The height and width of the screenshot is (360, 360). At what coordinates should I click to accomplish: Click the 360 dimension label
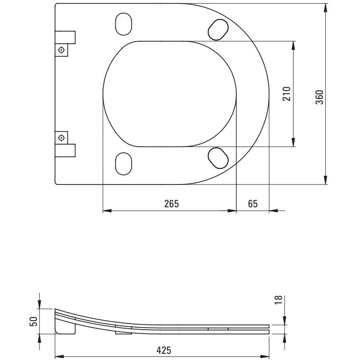319,97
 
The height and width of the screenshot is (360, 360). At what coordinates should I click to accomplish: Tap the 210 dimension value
286,93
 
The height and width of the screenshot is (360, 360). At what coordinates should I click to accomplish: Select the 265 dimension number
171,203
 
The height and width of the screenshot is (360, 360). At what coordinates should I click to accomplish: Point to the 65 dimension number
253,203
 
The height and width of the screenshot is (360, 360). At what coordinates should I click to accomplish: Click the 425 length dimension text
164,351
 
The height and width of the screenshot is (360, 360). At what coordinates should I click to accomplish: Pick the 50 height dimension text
33,321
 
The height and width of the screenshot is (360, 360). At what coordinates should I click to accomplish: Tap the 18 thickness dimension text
278,300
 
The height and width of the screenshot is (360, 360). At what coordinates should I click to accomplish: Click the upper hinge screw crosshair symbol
61,50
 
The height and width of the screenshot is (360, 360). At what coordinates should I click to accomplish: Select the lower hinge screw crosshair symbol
61,138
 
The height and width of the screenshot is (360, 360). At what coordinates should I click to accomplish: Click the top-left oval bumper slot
123,24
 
